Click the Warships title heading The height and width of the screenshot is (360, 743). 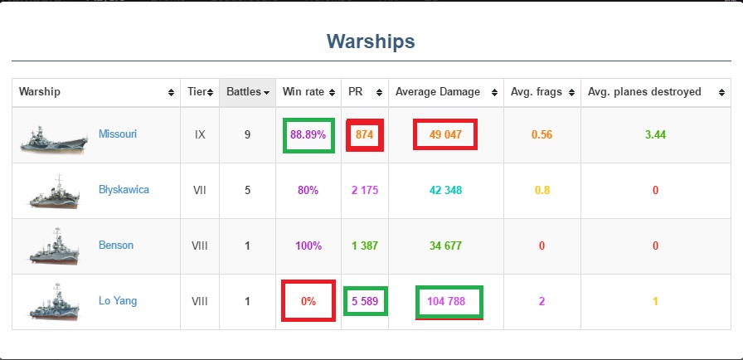pyautogui.click(x=371, y=41)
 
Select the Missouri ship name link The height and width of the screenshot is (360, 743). pyautogui.click(x=118, y=134)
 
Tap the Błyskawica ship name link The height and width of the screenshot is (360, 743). pyautogui.click(x=124, y=190)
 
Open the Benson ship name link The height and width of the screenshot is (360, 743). pyautogui.click(x=116, y=246)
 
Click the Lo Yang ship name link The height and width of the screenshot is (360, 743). pyautogui.click(x=118, y=301)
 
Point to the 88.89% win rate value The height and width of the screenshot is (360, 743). pyautogui.click(x=308, y=134)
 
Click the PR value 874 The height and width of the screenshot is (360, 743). pyautogui.click(x=364, y=134)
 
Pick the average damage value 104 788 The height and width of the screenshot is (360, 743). pyautogui.click(x=446, y=301)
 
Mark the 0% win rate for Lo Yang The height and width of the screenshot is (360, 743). pyautogui.click(x=308, y=301)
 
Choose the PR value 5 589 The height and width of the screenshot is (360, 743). pyautogui.click(x=365, y=301)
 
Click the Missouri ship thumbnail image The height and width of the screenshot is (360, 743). pyautogui.click(x=54, y=139)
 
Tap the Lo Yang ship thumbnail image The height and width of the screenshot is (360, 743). pyautogui.click(x=54, y=302)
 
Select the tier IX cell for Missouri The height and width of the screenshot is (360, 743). pyautogui.click(x=200, y=134)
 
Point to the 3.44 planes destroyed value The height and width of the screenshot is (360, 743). pyautogui.click(x=655, y=134)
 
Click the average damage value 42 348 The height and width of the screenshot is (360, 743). pyautogui.click(x=445, y=191)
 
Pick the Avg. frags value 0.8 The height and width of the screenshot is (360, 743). pyautogui.click(x=542, y=191)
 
